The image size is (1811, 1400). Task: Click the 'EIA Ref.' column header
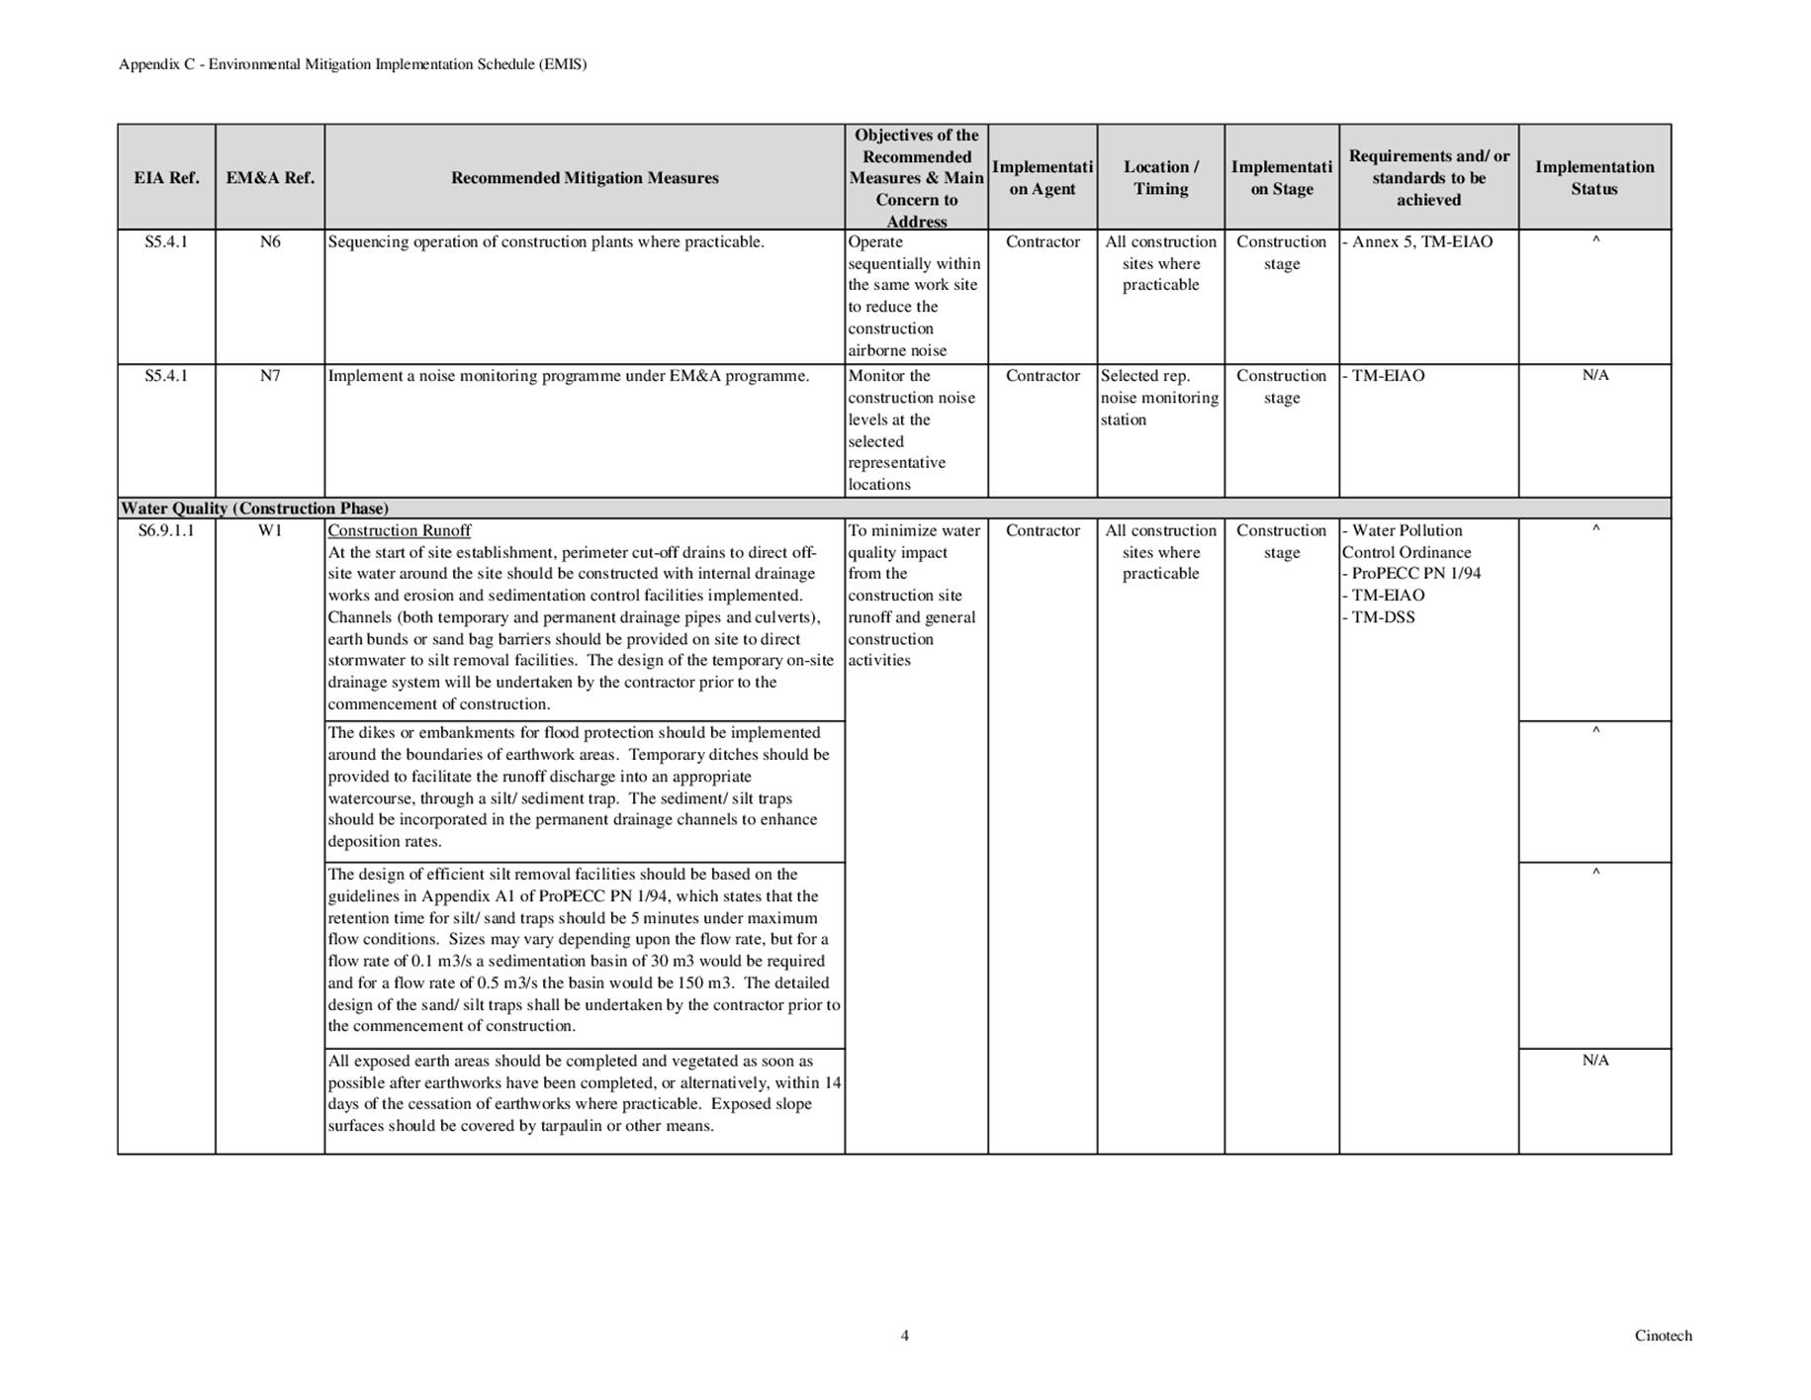(166, 178)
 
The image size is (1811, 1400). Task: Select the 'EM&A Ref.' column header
(270, 178)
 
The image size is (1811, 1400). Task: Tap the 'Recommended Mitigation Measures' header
(585, 178)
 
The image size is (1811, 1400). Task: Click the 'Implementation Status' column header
(1593, 178)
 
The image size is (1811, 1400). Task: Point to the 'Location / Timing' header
(1160, 178)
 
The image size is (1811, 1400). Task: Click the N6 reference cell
(270, 242)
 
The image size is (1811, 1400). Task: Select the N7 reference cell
(270, 376)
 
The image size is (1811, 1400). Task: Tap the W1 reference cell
(270, 530)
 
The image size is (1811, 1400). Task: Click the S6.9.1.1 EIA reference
(166, 530)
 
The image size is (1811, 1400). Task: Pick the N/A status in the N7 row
(1594, 375)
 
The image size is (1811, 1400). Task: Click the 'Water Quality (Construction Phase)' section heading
(254, 509)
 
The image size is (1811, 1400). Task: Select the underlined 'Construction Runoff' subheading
(400, 530)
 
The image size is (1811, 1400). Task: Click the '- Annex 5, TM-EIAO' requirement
(1417, 242)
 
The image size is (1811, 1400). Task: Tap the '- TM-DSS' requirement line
(1379, 617)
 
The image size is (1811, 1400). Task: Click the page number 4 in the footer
(904, 1336)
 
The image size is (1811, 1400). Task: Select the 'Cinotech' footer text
(1663, 1336)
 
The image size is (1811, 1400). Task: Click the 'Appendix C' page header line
(352, 64)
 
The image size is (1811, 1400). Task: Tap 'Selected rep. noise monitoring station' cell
(1159, 398)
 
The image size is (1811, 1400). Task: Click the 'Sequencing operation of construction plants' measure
(546, 242)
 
